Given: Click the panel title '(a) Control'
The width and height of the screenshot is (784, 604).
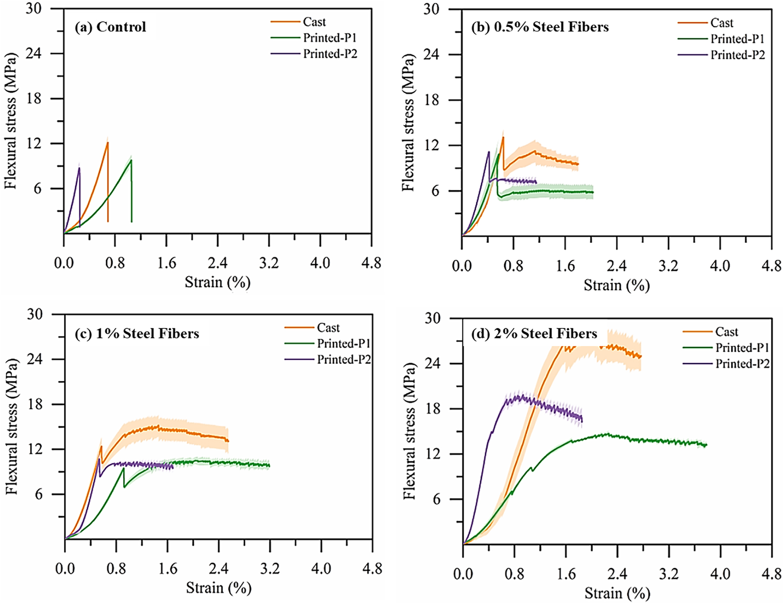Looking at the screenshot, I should (110, 27).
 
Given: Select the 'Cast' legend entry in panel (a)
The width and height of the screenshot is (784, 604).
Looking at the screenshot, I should (314, 22).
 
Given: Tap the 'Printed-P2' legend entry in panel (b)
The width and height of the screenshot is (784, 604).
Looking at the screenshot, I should (738, 55).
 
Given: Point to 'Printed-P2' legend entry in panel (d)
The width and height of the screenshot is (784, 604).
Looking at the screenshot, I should (742, 364).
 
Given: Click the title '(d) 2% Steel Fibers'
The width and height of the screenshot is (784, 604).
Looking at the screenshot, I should (534, 333).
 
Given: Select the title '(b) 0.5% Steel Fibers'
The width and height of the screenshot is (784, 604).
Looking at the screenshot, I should (540, 27).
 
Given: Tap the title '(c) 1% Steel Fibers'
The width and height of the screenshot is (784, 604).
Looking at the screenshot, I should (137, 333).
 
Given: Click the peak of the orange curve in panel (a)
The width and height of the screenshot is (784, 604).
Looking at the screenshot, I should (108, 142).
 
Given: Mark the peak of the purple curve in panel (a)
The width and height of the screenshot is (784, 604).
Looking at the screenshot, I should (79, 168).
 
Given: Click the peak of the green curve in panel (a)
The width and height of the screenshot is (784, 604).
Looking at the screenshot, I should (131, 160).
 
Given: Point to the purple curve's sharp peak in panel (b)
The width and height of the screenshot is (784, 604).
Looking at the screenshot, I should (489, 152).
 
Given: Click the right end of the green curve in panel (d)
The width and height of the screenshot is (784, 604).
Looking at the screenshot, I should (706, 445).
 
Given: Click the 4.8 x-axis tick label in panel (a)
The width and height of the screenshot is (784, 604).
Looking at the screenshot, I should (371, 263).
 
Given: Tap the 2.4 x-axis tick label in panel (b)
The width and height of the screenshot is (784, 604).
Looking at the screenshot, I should (616, 265).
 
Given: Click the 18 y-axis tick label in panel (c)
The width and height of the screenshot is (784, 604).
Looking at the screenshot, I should (47, 404).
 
